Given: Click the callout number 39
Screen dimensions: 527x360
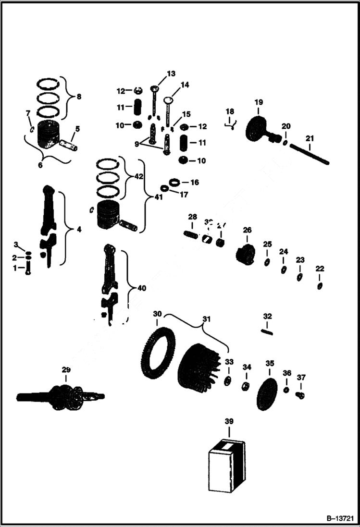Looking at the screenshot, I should pos(229,421).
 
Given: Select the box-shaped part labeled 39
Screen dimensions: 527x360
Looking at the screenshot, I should pos(227,466).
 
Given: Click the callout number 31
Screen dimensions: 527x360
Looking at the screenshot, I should pos(207,319).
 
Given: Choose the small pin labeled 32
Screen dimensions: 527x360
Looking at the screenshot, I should pos(267,331).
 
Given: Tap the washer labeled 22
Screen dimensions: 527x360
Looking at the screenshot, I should pos(320,286).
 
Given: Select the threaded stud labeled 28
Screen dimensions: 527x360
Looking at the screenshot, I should pos(192,234).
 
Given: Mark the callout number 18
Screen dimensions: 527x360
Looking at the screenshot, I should pos(230,111).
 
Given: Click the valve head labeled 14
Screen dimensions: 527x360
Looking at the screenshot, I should pos(168,100).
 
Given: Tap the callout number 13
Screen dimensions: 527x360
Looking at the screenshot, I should pos(171,74).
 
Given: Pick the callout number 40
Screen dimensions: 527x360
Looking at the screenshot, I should pos(142,288).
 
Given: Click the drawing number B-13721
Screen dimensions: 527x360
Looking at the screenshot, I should pos(340,519).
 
